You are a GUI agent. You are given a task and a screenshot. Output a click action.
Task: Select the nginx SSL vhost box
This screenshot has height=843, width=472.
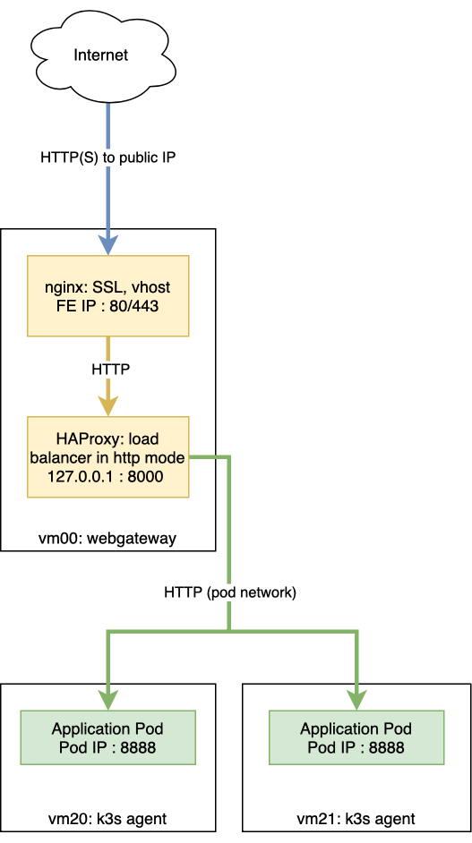[108, 296]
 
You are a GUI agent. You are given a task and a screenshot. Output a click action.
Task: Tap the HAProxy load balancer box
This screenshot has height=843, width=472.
[108, 457]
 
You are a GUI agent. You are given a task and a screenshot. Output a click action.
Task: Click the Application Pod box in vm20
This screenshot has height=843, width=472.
[108, 738]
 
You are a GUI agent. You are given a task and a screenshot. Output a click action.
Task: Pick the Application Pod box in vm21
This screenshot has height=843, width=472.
[356, 738]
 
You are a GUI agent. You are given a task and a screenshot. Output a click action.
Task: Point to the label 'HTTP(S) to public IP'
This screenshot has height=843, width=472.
[107, 157]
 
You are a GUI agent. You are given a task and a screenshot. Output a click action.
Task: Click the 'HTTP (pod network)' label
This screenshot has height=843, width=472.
[230, 592]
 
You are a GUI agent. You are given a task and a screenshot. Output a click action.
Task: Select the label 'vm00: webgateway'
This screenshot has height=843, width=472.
[108, 539]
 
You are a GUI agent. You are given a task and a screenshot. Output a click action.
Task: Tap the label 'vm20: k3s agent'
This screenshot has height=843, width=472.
[107, 819]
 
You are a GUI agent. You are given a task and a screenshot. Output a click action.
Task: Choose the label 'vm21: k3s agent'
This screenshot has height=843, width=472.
[356, 819]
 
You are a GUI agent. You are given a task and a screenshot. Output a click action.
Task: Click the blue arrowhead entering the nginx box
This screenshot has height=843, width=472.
[108, 246]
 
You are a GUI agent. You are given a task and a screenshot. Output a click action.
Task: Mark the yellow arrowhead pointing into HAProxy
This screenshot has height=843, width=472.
[108, 406]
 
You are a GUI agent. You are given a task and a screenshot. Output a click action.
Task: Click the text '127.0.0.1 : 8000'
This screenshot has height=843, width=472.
[108, 477]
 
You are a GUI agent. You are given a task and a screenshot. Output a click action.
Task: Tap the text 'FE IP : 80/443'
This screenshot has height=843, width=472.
[108, 306]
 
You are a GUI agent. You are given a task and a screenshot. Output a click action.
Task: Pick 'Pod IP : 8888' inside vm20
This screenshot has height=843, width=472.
[108, 747]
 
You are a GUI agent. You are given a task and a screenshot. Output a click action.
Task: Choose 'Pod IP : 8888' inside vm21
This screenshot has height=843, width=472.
[356, 747]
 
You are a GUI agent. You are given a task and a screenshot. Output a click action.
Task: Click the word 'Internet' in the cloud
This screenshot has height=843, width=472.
[101, 55]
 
